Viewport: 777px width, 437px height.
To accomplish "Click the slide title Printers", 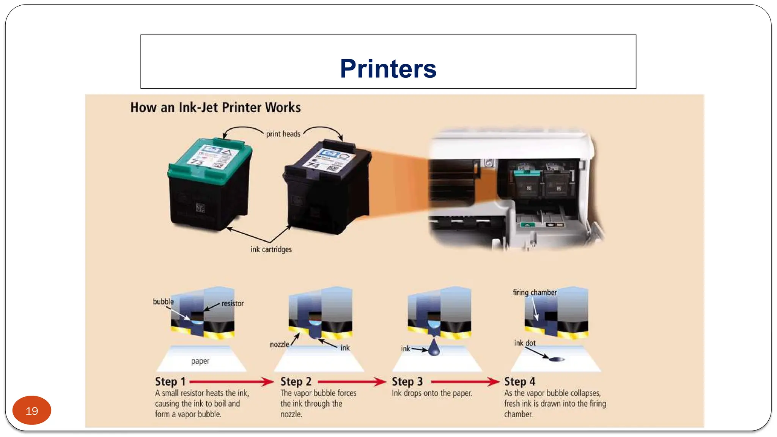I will tap(388, 69).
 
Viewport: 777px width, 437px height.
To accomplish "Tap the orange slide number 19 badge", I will tap(32, 410).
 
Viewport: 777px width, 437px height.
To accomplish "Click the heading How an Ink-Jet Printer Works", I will tap(215, 107).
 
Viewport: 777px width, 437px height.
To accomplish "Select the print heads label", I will tap(283, 134).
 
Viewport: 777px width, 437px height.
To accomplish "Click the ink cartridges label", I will tap(271, 249).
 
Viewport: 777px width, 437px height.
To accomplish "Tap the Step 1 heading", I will tap(170, 381).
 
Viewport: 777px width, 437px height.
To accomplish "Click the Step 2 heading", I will tap(296, 381).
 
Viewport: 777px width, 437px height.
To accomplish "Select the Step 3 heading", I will tap(407, 381).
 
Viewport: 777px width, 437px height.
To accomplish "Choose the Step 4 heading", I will tap(519, 381).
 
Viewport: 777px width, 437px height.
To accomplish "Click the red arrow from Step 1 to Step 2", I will tap(231, 382).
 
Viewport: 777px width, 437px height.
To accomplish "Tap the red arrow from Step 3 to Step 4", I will tap(465, 382).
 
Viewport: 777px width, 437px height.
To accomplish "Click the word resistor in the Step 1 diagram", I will tap(233, 303).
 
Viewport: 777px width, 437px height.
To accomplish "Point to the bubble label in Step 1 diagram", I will tap(163, 302).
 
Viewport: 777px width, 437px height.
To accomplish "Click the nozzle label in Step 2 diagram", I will tap(279, 344).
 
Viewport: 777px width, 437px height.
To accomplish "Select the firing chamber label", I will tap(535, 292).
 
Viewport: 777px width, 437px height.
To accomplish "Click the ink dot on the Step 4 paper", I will tap(557, 359).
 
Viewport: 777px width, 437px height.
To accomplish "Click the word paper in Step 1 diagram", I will tap(200, 361).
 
